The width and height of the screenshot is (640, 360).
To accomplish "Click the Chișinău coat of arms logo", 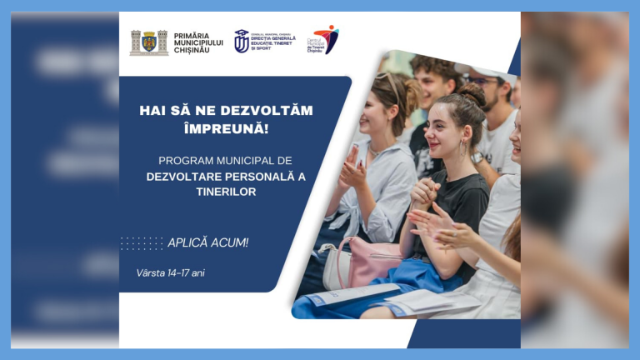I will point(149,42).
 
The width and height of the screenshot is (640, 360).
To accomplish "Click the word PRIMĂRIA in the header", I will point(192,36).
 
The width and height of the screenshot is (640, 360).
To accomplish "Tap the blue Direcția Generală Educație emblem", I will point(242,41).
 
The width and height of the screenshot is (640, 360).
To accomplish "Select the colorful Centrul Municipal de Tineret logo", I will point(327,37).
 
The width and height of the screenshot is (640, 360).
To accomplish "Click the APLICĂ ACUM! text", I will point(208,243).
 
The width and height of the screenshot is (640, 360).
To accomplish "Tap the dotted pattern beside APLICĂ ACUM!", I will point(142,243).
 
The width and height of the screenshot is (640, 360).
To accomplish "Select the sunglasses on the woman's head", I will point(388,81).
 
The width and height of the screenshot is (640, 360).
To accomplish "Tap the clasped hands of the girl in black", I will point(424,193).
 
